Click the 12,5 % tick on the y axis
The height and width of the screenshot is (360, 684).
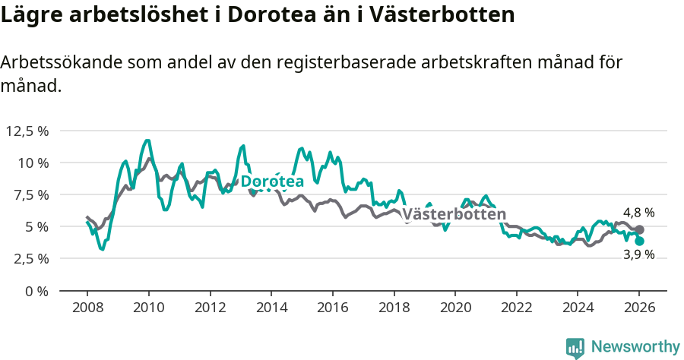click(x=27, y=131)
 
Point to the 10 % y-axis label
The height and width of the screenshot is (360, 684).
click(x=33, y=163)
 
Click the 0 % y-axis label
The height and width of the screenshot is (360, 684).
click(x=35, y=291)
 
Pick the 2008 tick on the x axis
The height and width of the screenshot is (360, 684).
click(x=87, y=307)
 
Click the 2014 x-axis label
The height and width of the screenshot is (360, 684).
click(x=271, y=307)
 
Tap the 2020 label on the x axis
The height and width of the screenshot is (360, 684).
click(x=455, y=307)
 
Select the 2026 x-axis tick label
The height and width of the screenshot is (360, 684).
click(x=639, y=307)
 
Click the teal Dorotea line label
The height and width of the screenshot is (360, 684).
click(x=272, y=182)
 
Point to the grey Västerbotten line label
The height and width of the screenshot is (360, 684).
click(x=454, y=214)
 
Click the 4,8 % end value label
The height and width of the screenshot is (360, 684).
click(x=638, y=213)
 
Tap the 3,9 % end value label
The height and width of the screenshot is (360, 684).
click(x=638, y=255)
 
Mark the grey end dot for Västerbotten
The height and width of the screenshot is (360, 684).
click(x=640, y=229)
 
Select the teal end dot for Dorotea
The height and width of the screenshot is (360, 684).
click(x=640, y=241)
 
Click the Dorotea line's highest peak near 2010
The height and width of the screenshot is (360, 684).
click(x=147, y=141)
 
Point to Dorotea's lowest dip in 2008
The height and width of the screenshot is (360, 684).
click(x=103, y=249)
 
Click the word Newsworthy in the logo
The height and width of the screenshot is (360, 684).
click(x=635, y=347)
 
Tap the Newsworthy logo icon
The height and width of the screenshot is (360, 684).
click(x=575, y=348)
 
